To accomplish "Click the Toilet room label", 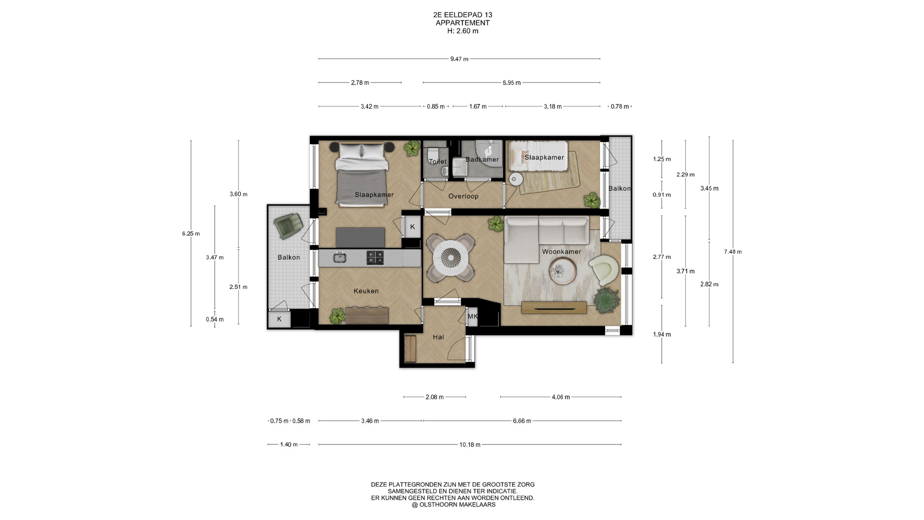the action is click(437, 161).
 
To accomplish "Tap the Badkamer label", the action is click(482, 159).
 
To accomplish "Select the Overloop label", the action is click(463, 196).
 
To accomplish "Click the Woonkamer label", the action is click(561, 251).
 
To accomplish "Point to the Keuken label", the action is click(366, 291).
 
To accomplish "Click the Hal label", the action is click(438, 337).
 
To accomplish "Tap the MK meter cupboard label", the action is click(473, 316).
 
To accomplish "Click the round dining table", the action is click(451, 258).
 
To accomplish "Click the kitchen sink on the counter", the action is click(340, 257).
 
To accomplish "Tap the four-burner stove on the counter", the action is click(375, 258).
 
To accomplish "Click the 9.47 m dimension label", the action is click(459, 59).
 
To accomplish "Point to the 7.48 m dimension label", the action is click(733, 251).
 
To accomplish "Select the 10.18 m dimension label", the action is click(470, 445).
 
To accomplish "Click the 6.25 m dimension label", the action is click(191, 234).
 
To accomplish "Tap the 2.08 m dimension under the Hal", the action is click(435, 397).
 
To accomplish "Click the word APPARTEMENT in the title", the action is click(462, 23).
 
